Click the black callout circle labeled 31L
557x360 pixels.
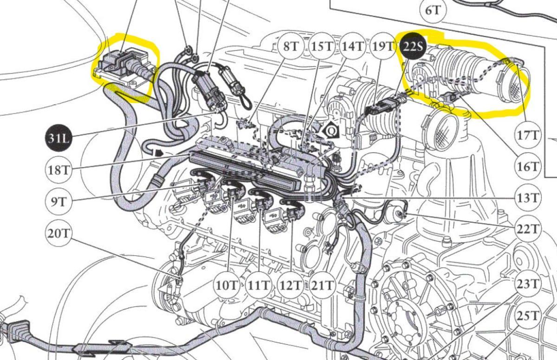pos(58,138)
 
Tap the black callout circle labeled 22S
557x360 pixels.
pos(413,46)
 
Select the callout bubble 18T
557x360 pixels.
pos(58,170)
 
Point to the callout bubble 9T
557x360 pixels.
pos(58,201)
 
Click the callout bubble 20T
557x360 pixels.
pos(58,233)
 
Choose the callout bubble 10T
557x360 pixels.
pos(227,285)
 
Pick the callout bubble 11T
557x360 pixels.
pos(259,285)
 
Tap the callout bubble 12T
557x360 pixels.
pos(290,285)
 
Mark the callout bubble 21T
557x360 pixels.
pos(322,285)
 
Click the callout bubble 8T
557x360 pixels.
pos(290,46)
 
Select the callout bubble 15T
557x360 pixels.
pos(322,46)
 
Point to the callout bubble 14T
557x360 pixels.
pos(353,46)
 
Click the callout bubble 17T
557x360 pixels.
pos(527,135)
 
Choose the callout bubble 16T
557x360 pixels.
pos(527,167)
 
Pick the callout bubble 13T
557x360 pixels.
pos(527,198)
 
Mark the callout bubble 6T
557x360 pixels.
pos(433,10)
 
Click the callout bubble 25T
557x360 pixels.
pos(527,316)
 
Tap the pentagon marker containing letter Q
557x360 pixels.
pos(331,130)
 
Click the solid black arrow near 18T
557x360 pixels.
pos(159,153)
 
